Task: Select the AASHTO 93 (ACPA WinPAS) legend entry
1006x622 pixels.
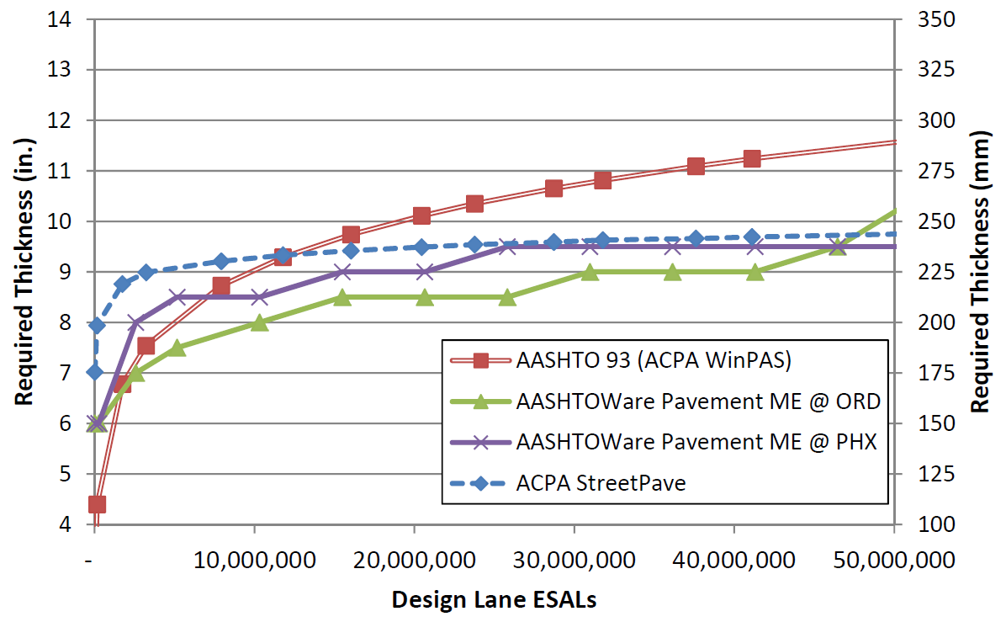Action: (x=653, y=361)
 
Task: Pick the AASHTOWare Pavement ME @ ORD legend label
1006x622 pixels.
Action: (x=698, y=401)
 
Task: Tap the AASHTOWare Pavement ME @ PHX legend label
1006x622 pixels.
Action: (x=697, y=442)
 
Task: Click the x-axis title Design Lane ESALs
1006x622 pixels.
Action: (x=495, y=599)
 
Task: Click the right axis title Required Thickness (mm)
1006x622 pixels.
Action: (x=980, y=271)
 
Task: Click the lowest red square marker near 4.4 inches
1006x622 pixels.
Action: (x=97, y=504)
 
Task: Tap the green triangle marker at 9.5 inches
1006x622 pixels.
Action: (x=837, y=247)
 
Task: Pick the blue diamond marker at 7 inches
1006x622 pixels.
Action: (x=96, y=372)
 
